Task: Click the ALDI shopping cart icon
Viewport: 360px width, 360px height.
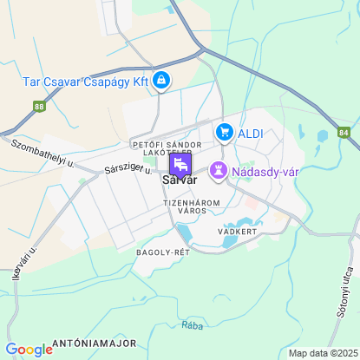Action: [225, 132]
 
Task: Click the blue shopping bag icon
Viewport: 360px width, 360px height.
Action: [161, 81]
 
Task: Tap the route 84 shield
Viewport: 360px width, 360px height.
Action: [344, 133]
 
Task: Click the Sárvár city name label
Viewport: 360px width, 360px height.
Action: [180, 180]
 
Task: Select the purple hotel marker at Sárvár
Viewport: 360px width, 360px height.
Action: [180, 163]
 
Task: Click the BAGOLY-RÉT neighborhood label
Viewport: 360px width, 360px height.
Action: [162, 252]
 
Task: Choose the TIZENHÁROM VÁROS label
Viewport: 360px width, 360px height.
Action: [192, 206]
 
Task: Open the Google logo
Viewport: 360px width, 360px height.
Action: [29, 350]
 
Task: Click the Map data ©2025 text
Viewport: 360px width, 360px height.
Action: [322, 353]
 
